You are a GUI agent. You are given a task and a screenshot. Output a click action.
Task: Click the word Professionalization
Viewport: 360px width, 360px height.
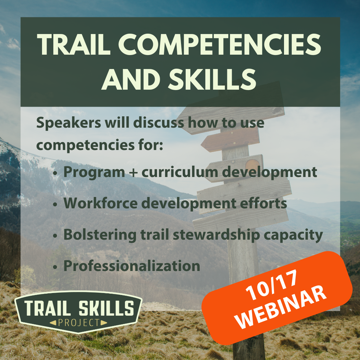point(132,266)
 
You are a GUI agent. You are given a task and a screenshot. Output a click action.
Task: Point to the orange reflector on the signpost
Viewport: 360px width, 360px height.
point(252,165)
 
